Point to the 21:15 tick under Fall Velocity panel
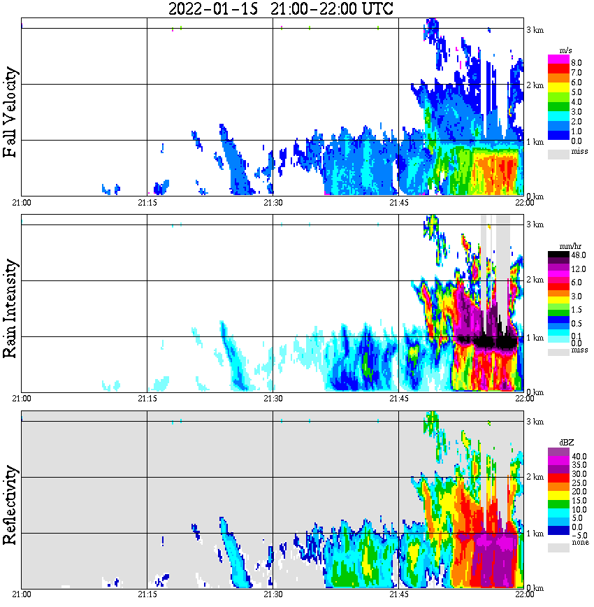tap(147, 203)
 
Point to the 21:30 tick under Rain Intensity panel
tap(273, 399)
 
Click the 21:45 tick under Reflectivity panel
tap(398, 594)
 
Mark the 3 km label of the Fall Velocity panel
tap(535, 29)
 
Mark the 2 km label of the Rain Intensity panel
tap(535, 280)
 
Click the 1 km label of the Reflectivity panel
tap(535, 534)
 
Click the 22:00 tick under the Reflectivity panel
tap(524, 594)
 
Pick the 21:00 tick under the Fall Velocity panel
tap(22, 203)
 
